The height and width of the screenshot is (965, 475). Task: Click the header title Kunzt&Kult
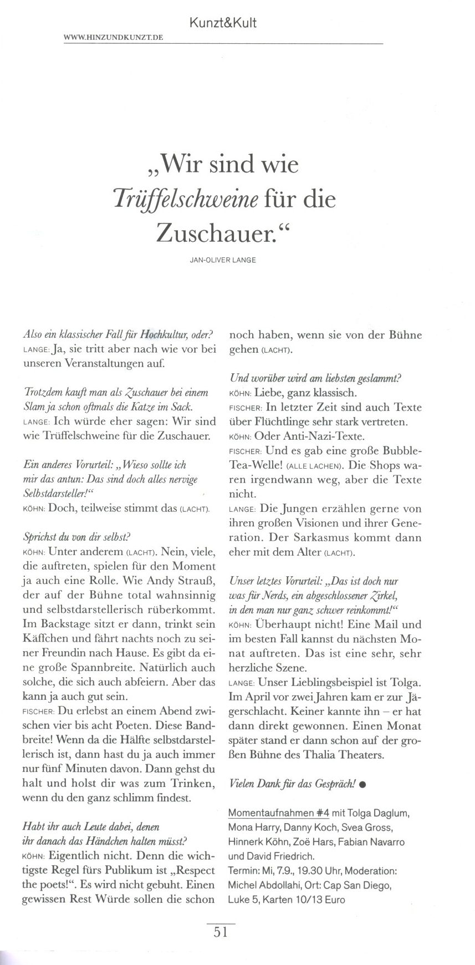223,23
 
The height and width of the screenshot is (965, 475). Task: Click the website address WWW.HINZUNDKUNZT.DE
114,38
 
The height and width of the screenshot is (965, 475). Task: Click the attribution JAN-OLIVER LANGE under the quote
223,260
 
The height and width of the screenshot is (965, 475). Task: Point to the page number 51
221,932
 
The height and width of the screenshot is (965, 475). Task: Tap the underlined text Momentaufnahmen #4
279,813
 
